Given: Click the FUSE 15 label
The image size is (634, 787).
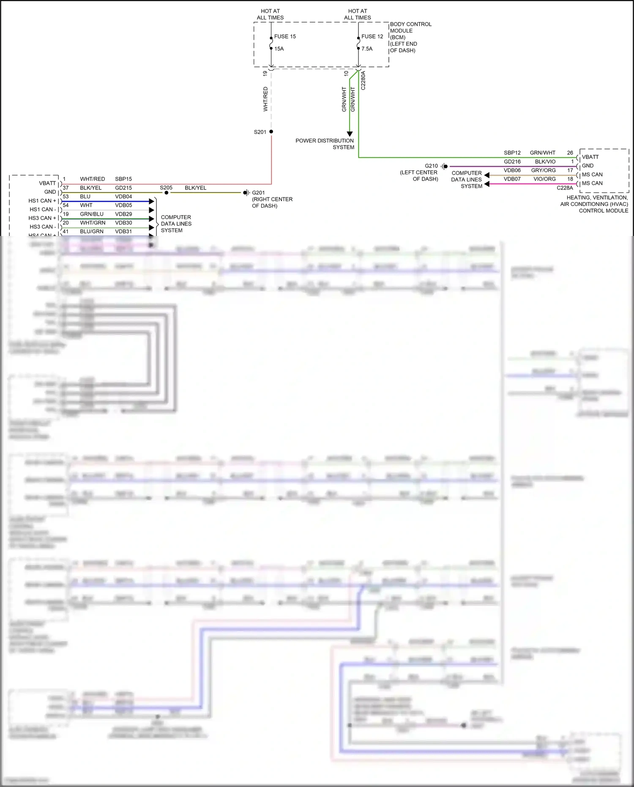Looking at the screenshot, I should coord(285,36).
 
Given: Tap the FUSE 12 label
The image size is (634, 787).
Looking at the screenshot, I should coord(372,36).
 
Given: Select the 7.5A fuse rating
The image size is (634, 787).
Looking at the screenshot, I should coord(367,49).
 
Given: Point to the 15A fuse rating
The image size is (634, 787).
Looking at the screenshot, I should coord(279,49).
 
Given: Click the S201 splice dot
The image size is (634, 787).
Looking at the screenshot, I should coord(271,132).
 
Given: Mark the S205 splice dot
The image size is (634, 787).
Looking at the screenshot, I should coord(167,193).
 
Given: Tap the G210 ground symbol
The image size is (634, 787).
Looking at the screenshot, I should coord(445,166).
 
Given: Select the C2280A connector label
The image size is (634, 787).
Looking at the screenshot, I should coord(363,80).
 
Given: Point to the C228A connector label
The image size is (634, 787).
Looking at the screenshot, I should coord(565,188).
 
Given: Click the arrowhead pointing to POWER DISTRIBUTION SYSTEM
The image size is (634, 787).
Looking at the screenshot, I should coord(350,134).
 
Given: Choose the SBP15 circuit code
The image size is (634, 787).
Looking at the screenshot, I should coord(123,179).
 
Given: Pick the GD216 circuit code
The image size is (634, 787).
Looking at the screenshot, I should coord(512,162).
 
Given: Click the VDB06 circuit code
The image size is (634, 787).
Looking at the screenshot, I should coord(512,170).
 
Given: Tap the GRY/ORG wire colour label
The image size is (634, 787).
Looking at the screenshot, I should coord(543,170).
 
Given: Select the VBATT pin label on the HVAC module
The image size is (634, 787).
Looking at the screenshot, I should coord(590,157).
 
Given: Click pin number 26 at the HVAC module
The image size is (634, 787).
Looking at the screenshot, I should coord(570,153).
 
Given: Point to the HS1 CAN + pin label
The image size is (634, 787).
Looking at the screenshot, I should coord(42,201).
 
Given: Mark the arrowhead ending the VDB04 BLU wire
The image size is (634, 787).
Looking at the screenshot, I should coord(152,201).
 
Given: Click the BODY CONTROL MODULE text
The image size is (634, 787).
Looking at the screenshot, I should coord(410,27).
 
